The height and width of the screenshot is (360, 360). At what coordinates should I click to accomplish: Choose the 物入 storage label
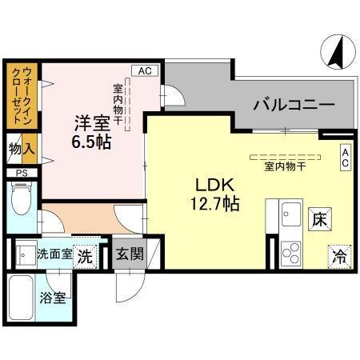coord(22,149)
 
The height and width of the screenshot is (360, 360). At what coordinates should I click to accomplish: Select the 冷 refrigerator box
coord(338,258)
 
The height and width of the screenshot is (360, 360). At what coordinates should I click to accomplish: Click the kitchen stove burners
coord(291,255)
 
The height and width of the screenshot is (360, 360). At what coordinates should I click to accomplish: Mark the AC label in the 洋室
coord(144,71)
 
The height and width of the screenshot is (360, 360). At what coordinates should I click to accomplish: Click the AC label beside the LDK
coord(345,158)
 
